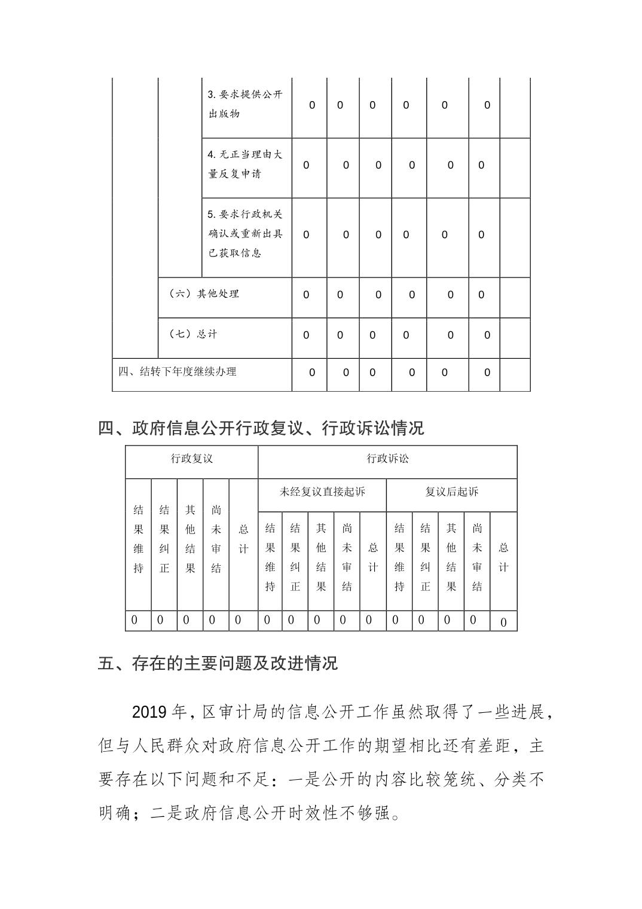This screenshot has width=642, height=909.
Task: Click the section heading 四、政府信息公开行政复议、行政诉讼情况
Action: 261,428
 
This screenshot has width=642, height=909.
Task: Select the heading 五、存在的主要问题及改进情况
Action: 218,663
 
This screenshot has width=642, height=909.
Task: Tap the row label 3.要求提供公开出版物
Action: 245,104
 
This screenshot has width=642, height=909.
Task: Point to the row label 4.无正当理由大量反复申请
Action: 245,164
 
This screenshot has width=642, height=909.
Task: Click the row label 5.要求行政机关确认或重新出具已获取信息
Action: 245,233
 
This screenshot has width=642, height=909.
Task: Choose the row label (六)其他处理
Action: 204,294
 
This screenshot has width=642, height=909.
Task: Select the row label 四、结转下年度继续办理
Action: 178,371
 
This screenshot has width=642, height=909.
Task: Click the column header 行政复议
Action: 191,459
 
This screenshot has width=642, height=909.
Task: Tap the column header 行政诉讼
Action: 387,459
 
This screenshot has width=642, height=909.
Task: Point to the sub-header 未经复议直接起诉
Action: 322,492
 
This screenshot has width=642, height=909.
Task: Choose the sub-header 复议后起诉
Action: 451,492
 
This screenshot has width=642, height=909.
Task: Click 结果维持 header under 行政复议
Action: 138,539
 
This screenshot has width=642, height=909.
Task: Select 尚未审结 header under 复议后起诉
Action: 477,557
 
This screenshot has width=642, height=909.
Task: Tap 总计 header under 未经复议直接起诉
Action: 372,557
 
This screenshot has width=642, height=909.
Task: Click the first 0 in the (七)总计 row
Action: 306,335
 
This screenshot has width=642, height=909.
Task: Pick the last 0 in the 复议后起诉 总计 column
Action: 503,623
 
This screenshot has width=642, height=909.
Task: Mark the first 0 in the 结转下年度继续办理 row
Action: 312,373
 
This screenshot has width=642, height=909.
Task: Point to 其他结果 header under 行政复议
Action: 190,539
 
